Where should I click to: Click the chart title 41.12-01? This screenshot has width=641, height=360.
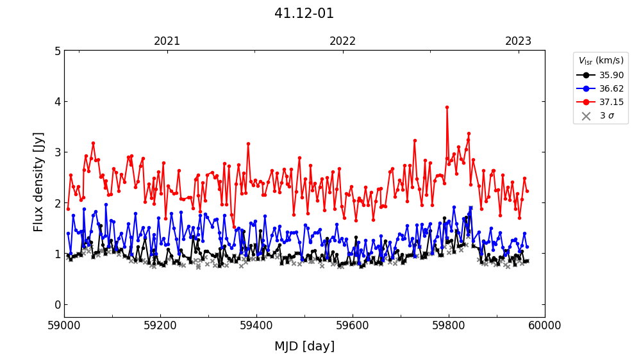304,13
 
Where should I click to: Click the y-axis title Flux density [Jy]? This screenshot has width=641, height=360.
39,182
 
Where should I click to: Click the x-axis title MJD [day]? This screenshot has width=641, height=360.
304,347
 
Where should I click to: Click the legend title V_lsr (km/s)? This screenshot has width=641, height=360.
601,61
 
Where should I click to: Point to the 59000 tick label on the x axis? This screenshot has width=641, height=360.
64,326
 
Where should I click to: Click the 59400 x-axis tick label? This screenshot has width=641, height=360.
256,326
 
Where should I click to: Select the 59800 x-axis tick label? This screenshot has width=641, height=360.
449,326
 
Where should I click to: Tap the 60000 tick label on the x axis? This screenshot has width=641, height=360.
545,326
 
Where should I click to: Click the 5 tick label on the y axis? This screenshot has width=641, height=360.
57,51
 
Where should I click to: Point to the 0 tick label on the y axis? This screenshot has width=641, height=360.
57,304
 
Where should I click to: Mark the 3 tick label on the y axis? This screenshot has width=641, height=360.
57,152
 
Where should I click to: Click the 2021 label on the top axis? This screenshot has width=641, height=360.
167,42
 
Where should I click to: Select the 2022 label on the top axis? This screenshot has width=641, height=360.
342,42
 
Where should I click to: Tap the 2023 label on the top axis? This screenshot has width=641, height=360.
518,42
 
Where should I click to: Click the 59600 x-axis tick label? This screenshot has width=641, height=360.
353,326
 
